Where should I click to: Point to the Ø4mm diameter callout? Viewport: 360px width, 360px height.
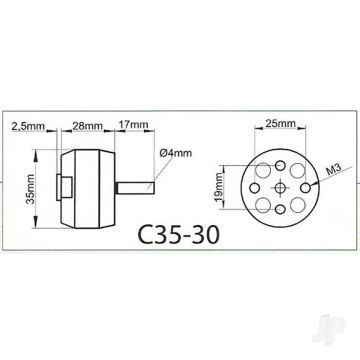pyautogui.click(x=174, y=152)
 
